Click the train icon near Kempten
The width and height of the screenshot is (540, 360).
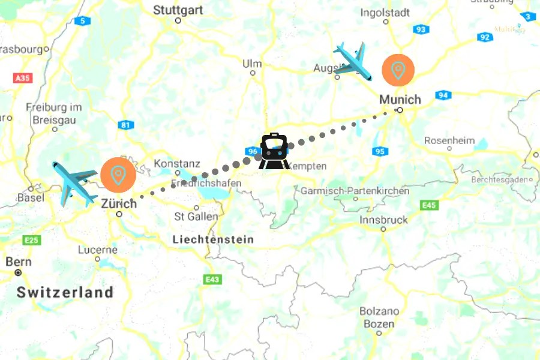[274, 151]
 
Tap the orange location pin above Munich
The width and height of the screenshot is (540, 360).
[398, 70]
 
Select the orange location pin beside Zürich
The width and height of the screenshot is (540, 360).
[118, 175]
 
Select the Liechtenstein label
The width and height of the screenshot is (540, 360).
[213, 239]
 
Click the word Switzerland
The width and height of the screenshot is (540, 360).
[65, 293]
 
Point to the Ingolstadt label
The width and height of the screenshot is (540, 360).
[385, 12]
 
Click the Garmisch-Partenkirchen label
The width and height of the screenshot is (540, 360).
[355, 191]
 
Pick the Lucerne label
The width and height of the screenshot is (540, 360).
[97, 250]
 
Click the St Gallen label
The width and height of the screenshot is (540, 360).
[196, 216]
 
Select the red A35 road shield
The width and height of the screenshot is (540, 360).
[21, 78]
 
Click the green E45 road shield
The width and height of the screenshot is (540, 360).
[429, 205]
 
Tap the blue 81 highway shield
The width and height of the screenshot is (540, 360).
[125, 125]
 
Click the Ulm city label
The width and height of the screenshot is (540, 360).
[252, 64]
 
